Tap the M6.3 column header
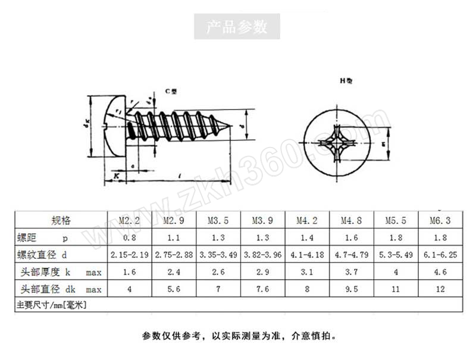440,220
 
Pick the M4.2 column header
307,220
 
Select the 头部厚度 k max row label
59,273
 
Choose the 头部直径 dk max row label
59,290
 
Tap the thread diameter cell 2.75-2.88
174,255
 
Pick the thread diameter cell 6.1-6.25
440,255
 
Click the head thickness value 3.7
352,273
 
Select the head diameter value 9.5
352,290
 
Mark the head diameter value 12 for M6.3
440,290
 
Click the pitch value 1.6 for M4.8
352,237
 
